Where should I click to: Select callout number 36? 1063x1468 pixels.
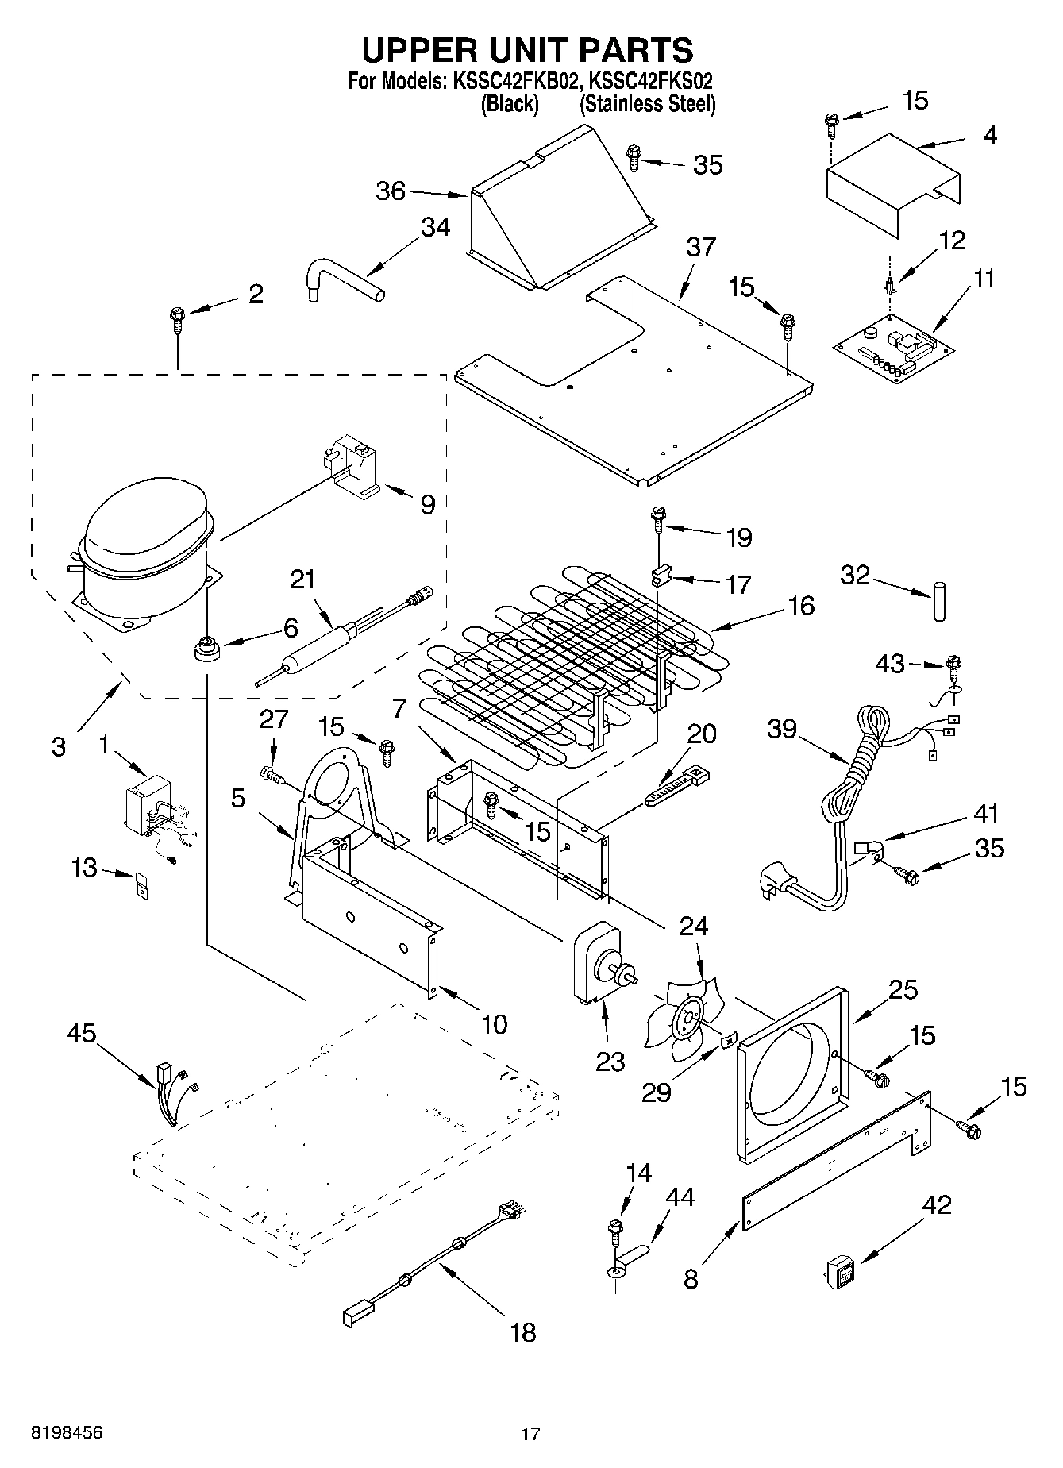pyautogui.click(x=391, y=191)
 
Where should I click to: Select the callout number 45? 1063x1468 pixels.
pyautogui.click(x=81, y=1033)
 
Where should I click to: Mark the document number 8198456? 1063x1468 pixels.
pyautogui.click(x=67, y=1433)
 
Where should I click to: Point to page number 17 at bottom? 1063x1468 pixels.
pyautogui.click(x=530, y=1434)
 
